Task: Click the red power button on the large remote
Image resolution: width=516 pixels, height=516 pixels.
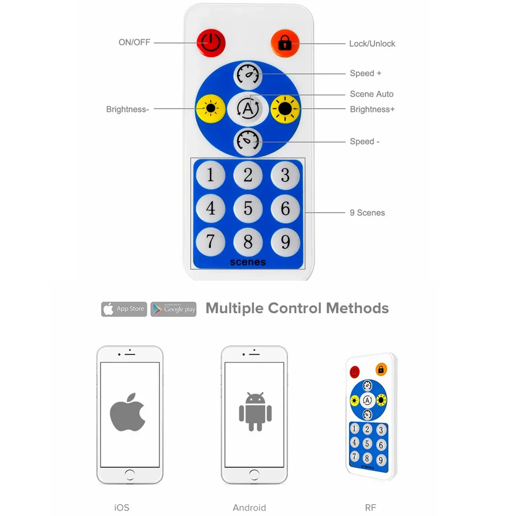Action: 211,43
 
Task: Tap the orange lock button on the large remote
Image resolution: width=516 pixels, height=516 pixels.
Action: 285,43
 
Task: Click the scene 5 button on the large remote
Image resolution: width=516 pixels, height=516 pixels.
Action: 248,208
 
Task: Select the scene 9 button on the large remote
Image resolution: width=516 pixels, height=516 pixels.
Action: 285,242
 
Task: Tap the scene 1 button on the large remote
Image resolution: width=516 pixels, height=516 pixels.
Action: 211,175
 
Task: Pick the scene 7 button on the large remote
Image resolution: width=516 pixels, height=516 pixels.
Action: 211,242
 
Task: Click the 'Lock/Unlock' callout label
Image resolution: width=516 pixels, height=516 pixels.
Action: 372,44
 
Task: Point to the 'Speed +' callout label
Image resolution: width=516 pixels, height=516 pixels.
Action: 365,73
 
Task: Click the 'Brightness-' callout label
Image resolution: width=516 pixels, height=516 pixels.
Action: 127,109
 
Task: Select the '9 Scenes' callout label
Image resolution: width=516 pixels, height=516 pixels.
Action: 367,213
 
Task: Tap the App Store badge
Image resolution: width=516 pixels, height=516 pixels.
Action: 124,309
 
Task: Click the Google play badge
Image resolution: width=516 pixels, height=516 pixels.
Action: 173,309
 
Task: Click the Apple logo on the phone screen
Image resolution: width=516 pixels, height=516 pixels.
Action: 127,412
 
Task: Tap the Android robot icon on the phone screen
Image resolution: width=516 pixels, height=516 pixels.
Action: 255,411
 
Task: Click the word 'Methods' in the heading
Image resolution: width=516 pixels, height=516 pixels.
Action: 358,309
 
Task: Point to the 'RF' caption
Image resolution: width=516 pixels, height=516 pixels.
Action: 370,507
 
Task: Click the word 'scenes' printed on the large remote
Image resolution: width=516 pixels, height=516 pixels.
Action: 248,262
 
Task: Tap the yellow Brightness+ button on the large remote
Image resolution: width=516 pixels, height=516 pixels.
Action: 285,108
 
